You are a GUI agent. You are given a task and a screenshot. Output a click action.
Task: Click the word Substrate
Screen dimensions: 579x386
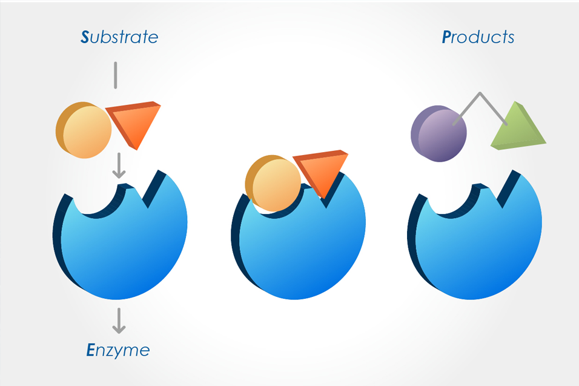click(x=119, y=37)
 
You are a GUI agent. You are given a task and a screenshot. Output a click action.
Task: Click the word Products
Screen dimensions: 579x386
click(x=478, y=37)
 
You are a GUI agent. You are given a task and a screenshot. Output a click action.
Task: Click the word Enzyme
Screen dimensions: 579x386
click(x=117, y=350)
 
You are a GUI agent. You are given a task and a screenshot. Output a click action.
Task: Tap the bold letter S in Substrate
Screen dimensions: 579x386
click(x=85, y=37)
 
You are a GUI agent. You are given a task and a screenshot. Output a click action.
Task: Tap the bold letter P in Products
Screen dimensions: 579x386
click(x=446, y=37)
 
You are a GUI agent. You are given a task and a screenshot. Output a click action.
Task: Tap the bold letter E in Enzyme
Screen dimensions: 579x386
click(x=90, y=350)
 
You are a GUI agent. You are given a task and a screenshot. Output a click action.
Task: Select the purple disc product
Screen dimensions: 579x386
click(x=438, y=134)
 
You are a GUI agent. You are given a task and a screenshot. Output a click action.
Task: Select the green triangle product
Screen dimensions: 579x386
click(x=518, y=127)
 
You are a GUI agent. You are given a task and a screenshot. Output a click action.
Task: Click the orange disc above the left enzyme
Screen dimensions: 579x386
click(x=84, y=130)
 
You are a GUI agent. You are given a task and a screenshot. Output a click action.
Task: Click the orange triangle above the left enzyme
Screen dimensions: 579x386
click(x=134, y=122)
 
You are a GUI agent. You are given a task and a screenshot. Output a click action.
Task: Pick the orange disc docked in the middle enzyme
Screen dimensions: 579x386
click(x=273, y=183)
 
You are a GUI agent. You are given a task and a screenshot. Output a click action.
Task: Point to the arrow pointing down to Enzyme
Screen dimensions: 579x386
click(x=119, y=321)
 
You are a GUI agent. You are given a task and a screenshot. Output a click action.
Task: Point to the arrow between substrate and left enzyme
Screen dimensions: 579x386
click(x=119, y=165)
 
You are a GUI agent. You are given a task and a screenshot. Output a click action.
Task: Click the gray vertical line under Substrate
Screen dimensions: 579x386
click(x=116, y=75)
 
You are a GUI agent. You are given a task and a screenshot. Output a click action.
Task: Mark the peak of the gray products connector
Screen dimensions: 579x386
click(x=480, y=93)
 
